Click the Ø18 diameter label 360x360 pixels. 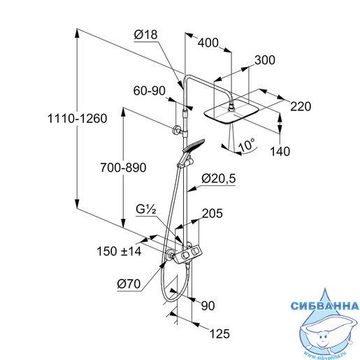pos(146,35)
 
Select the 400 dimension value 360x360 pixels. pos(208,43)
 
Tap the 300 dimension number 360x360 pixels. pos(265,60)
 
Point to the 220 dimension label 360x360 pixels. pos(301,107)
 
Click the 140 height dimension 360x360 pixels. pos(280,152)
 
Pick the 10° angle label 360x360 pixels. pos(247,145)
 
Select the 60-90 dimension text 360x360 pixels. pos(150,91)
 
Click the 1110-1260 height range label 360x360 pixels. pos(78,118)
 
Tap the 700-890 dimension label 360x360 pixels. pos(123,168)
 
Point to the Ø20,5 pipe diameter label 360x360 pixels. pos(219,179)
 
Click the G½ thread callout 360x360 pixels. pos(146,210)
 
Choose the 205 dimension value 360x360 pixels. pos(212,213)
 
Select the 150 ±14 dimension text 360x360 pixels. pos(119,252)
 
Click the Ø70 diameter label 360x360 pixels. pos(129,284)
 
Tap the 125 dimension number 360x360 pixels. pos(219,333)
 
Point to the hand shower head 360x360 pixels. pos(194,145)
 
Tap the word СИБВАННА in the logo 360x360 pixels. pos(324,305)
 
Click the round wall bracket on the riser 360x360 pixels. pos(176,130)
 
